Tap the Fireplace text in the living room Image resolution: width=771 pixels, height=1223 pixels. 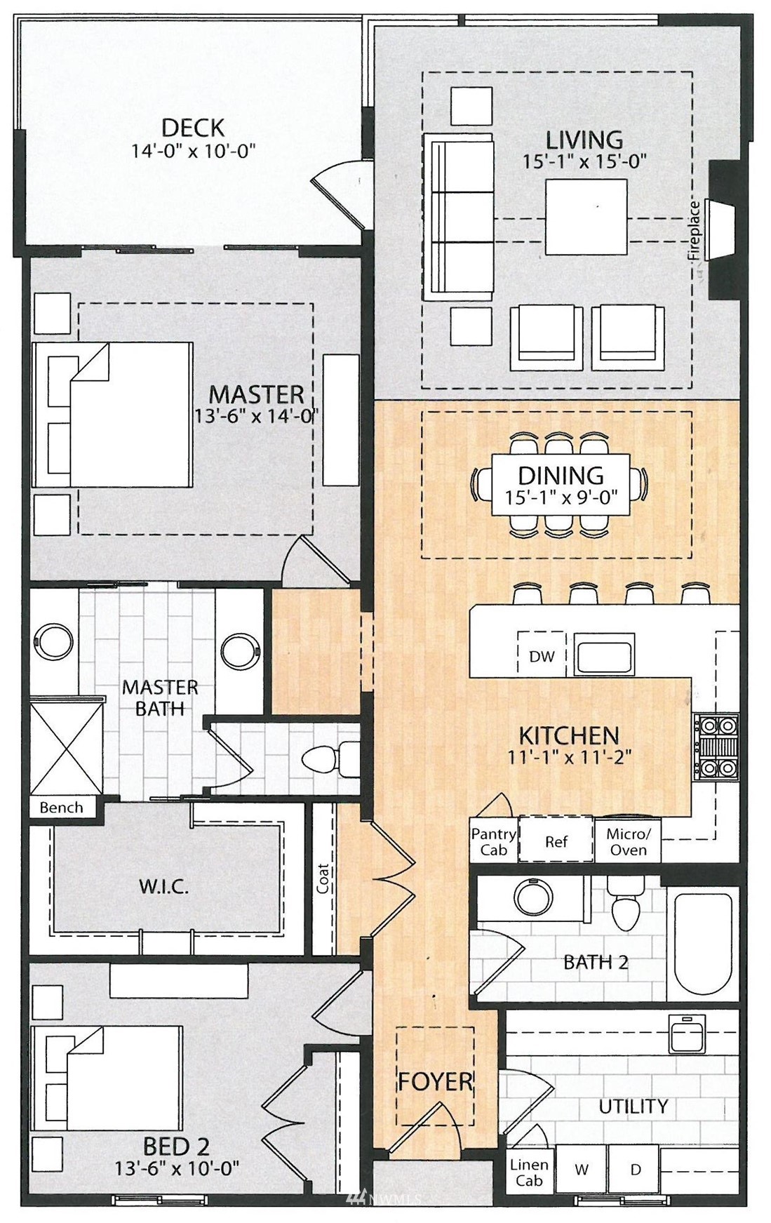[x=695, y=231]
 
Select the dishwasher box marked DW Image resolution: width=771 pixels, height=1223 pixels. [x=541, y=654]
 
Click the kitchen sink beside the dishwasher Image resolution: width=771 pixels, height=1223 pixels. [x=604, y=654]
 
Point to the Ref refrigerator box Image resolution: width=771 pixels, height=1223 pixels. [x=556, y=841]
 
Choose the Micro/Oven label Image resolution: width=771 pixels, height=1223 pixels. [x=629, y=841]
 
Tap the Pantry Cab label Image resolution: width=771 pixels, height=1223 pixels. [x=493, y=841]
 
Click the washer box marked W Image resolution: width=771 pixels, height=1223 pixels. [x=582, y=1170]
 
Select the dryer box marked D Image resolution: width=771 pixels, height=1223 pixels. [x=635, y=1170]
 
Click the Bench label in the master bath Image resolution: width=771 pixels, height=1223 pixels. [x=61, y=808]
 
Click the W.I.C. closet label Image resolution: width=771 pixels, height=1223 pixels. [x=163, y=886]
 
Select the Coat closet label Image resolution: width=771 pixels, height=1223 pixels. [x=323, y=878]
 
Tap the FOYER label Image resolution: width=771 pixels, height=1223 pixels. [x=435, y=1081]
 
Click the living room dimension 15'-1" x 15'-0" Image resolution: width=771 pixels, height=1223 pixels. [x=584, y=161]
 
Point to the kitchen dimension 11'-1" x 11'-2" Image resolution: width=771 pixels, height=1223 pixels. [x=570, y=757]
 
